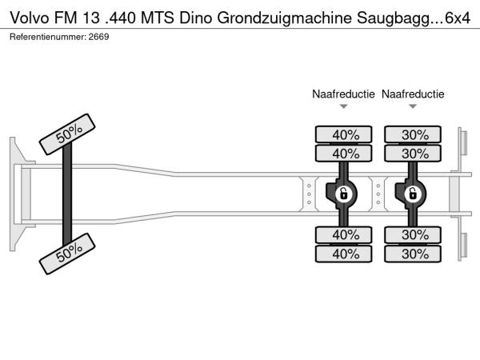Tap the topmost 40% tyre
coord(345,134)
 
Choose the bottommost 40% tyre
coord(345,254)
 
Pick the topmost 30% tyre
coord(414,134)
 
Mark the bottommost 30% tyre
coord(414,254)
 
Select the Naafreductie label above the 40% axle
coord(343,94)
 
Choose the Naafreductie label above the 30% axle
coord(413,94)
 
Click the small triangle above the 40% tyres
coord(343,106)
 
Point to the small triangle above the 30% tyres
coord(413,106)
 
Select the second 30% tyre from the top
coord(414,154)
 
